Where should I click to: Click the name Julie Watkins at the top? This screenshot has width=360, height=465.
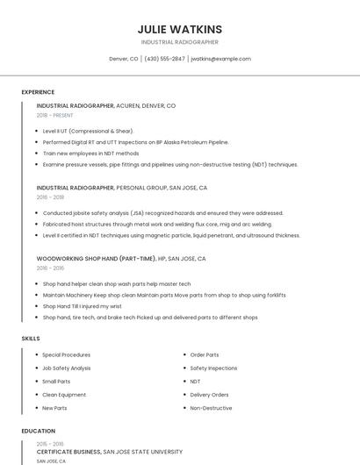(180, 29)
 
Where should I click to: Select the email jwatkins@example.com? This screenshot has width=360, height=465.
(220, 59)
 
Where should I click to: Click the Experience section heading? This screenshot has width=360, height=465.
(38, 92)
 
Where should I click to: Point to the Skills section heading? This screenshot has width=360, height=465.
(31, 338)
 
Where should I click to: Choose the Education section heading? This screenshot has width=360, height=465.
(38, 431)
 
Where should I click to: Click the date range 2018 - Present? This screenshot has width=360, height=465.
(55, 115)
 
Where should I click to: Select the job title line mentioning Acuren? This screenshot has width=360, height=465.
(105, 105)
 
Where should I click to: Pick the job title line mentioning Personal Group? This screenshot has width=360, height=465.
(121, 188)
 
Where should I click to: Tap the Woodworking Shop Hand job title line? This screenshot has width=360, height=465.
(120, 259)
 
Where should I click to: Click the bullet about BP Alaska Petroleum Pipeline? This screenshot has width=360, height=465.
(135, 141)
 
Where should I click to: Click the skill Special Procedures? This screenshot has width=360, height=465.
(66, 354)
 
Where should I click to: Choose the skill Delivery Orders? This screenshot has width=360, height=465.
(209, 395)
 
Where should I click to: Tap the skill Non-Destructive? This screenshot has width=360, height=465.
(211, 408)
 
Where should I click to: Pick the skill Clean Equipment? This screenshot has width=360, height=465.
(64, 395)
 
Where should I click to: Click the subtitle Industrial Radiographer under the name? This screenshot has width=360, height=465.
(180, 42)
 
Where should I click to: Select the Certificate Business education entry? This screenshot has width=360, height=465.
(109, 452)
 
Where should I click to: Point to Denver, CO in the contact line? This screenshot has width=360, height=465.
(123, 59)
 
